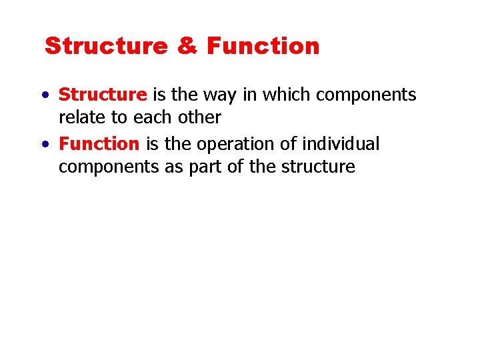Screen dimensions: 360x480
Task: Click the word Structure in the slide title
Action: click(x=106, y=47)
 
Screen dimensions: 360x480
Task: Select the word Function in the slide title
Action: click(x=263, y=47)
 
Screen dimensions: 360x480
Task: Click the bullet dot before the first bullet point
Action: click(x=43, y=96)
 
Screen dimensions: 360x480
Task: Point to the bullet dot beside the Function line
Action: click(x=43, y=145)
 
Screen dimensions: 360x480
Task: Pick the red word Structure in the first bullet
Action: click(x=103, y=95)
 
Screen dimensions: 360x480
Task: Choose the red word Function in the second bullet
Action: click(x=99, y=144)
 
